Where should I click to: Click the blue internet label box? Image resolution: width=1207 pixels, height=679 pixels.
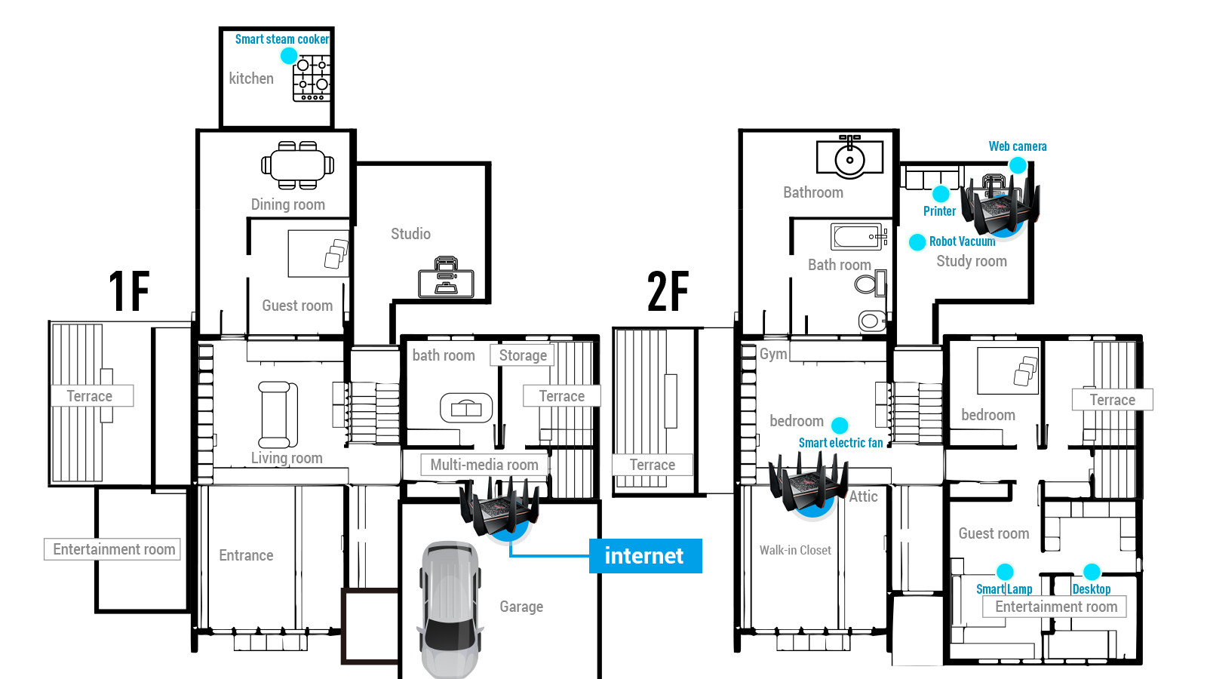645,555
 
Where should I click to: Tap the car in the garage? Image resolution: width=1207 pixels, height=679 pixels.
450,610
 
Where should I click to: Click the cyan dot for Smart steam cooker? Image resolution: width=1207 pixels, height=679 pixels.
289,56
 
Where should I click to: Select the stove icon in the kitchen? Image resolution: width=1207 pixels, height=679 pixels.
311,78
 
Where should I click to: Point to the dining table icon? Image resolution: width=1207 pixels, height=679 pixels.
297,165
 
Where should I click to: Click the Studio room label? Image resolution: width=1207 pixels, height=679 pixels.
410,234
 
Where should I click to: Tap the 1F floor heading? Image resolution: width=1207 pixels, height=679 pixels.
129,291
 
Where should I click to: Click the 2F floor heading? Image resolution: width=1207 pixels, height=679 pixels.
668,291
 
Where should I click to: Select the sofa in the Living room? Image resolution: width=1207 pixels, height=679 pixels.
278,414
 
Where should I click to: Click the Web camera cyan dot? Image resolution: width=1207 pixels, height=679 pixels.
1018,165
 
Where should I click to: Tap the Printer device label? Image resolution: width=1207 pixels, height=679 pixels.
939,211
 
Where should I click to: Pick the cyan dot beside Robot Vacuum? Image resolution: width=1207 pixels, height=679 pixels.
917,242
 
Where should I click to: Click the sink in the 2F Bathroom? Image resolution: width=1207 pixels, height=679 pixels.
849,156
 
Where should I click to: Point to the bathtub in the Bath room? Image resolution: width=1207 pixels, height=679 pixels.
858,237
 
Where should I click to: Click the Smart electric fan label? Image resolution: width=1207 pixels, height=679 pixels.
840,443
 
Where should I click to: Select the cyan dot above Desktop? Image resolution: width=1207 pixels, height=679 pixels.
1092,572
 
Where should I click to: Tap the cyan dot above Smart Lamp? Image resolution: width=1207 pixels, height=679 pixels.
1004,572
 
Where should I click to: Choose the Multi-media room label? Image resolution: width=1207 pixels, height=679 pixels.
484,465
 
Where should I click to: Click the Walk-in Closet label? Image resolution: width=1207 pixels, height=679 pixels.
795,550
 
